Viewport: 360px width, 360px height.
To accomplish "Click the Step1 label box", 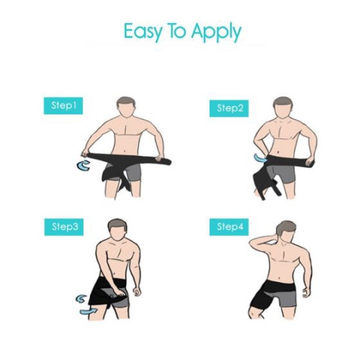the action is [63, 106].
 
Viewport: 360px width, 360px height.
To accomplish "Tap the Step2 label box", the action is [229, 109].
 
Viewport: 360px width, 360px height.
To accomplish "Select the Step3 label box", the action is [64, 227].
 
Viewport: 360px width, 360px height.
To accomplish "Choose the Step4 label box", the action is [229, 227].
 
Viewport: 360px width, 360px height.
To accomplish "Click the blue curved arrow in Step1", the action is [84, 166].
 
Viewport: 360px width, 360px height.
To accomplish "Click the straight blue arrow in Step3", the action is [89, 311].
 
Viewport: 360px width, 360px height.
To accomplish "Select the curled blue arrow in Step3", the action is [81, 299].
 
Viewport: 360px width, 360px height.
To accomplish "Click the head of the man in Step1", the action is [126, 107].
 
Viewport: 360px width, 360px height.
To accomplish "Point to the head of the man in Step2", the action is [283, 108].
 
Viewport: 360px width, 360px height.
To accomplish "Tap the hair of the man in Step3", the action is [117, 225].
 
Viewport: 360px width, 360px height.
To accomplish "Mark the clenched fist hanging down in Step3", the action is [137, 291].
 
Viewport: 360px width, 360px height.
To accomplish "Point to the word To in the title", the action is [177, 31].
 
